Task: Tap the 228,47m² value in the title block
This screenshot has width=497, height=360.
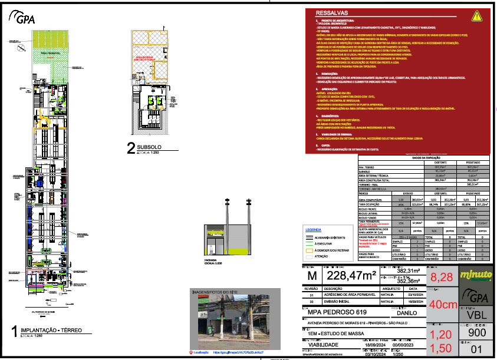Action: point(351,276)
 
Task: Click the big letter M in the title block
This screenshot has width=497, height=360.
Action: point(312,276)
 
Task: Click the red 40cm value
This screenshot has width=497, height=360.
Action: point(443,305)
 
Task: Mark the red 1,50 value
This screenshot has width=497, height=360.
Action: point(442,348)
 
